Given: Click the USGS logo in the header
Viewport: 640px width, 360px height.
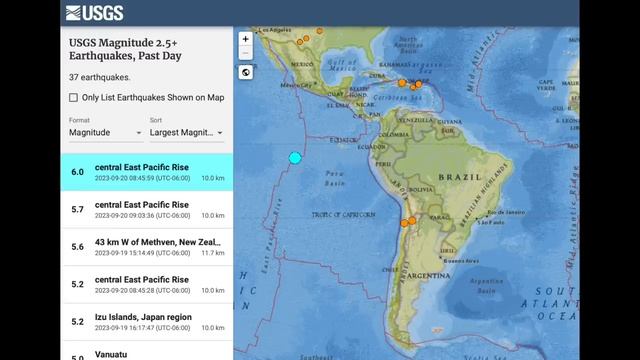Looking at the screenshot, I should tap(95, 13).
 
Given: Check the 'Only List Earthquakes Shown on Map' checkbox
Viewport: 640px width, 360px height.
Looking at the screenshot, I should tap(74, 97).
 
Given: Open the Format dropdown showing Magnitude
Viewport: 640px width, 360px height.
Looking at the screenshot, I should tap(105, 132).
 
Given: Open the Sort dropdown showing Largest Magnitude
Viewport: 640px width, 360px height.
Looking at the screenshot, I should tap(186, 132).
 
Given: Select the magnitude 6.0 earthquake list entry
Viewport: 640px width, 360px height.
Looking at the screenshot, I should tap(146, 171).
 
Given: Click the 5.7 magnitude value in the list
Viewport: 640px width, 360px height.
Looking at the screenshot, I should tap(77, 209).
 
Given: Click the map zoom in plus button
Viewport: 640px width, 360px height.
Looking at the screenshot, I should tap(246, 39).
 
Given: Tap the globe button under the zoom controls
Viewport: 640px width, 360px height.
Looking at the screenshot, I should tap(246, 72).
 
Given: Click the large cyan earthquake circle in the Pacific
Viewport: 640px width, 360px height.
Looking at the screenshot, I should tap(295, 157).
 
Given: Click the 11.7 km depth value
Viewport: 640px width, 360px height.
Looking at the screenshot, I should tap(212, 254).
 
